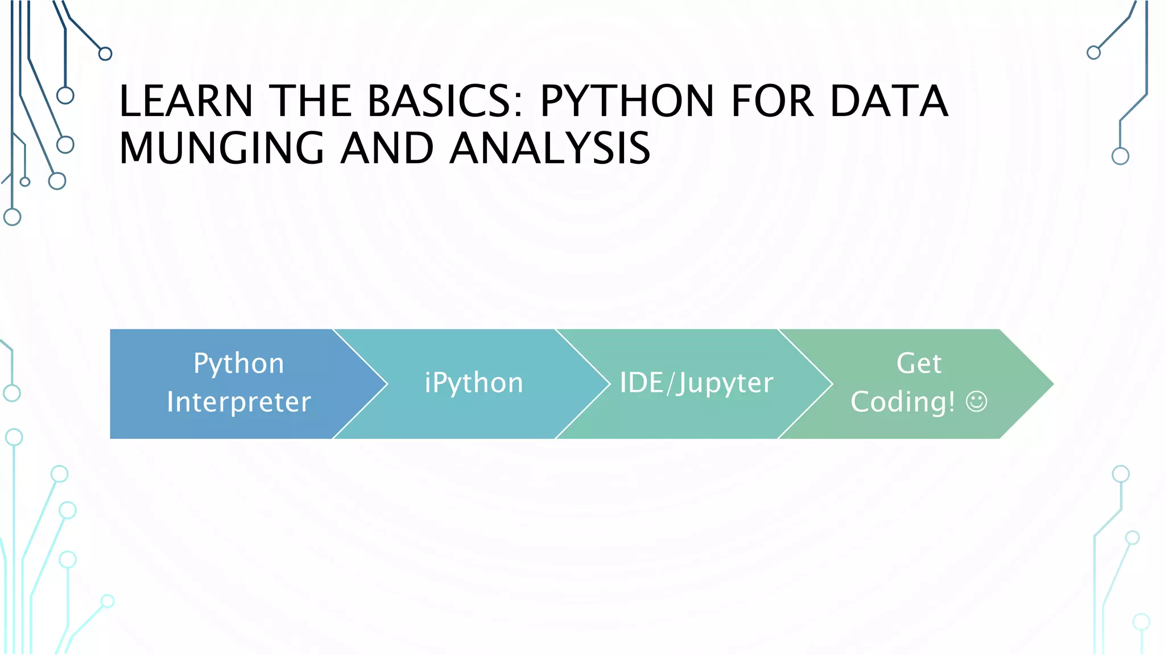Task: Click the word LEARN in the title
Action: coord(186,101)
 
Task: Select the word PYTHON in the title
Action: coord(626,101)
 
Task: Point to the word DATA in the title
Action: coord(889,101)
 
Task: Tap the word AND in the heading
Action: coord(387,148)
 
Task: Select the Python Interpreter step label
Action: coord(239,383)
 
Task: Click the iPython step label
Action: coord(474,383)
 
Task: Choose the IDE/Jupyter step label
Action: coord(696,383)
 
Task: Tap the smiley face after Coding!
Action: coord(977,402)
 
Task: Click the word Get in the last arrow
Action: coord(919,363)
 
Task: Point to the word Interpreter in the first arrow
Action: coord(239,402)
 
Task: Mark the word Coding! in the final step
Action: coord(903,402)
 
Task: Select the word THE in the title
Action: coord(311,101)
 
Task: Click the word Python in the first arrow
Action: coord(239,363)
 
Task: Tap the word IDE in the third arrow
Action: coord(641,383)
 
